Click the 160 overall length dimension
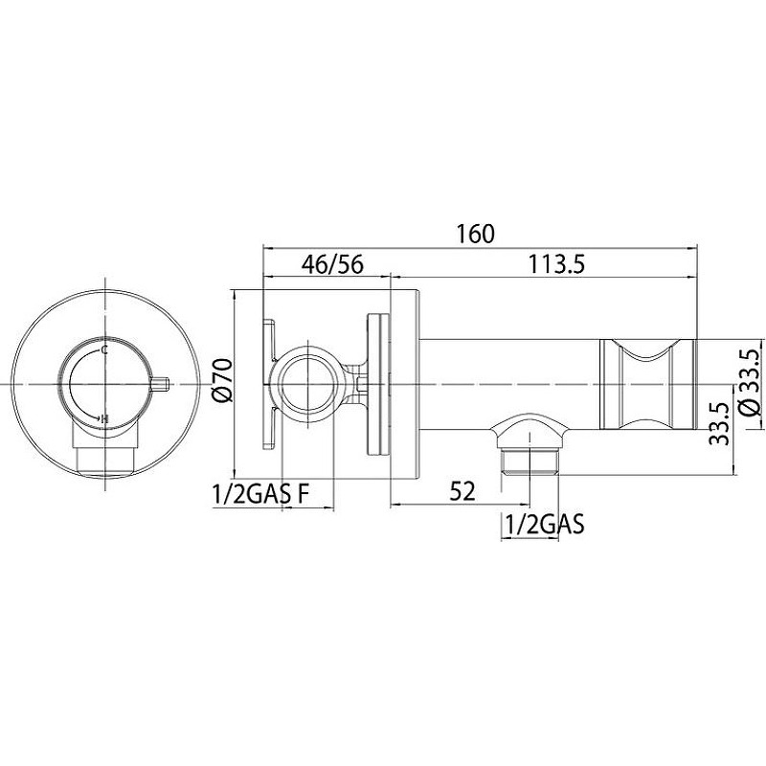click(x=475, y=235)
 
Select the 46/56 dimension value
click(x=332, y=264)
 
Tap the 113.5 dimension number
click(x=557, y=264)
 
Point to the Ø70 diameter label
click(x=222, y=380)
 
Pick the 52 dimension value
click(x=462, y=491)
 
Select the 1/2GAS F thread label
click(x=260, y=494)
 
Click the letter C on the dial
click(x=103, y=349)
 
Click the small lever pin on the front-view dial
click(x=160, y=384)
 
